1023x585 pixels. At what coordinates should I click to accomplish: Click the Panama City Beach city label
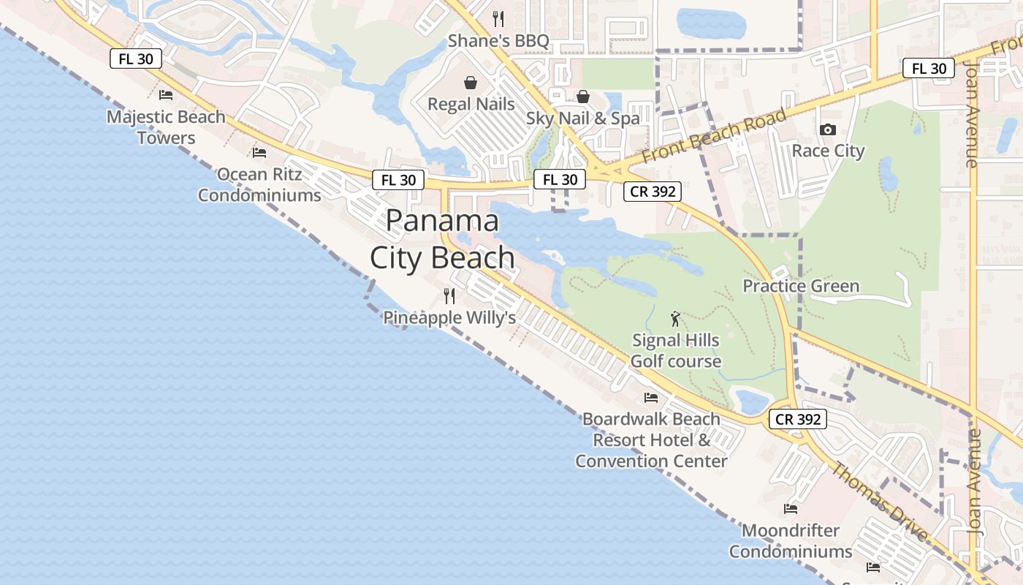[x=442, y=239]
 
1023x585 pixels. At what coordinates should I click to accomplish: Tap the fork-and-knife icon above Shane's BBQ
[x=498, y=18]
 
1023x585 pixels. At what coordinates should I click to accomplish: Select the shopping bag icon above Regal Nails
[x=471, y=82]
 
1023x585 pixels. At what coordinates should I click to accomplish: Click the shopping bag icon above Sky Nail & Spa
[x=583, y=97]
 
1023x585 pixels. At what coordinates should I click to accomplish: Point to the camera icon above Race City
[x=828, y=129]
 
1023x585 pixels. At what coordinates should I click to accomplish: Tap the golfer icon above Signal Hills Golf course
[x=676, y=319]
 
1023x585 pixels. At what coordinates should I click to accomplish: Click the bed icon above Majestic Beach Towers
[x=166, y=94]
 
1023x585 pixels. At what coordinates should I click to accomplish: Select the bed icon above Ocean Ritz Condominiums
[x=259, y=153]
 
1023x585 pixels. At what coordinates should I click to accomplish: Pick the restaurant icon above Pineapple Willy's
[x=449, y=296]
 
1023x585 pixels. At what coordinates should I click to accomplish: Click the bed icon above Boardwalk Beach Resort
[x=651, y=398]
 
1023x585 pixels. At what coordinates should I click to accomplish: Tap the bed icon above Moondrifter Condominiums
[x=791, y=508]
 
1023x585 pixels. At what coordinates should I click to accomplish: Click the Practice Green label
[x=801, y=286]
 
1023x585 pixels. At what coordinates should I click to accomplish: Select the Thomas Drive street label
[x=881, y=502]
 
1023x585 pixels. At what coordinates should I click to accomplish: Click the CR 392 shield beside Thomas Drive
[x=798, y=420]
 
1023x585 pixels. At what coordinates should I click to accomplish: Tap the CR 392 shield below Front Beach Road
[x=653, y=192]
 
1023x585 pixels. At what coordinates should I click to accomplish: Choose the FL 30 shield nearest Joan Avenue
[x=929, y=69]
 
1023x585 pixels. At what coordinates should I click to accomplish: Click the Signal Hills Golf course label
[x=676, y=350]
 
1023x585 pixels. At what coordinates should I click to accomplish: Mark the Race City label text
[x=828, y=151]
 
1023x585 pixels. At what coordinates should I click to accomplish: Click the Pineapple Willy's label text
[x=449, y=317]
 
